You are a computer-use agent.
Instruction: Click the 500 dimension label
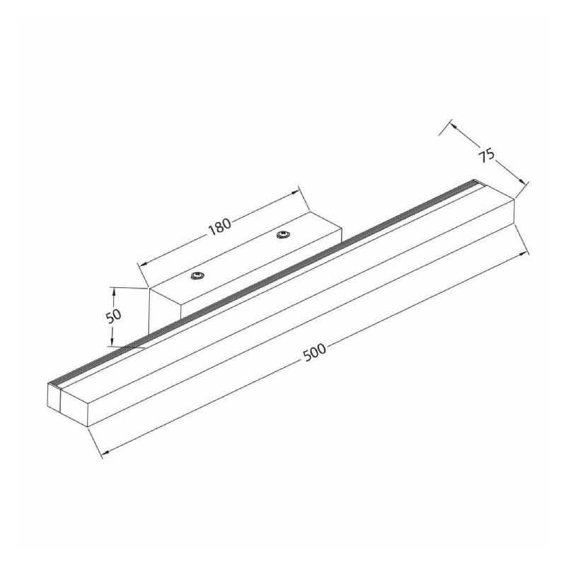(315, 352)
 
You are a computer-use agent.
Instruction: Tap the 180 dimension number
(219, 226)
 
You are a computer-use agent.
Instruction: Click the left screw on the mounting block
(197, 276)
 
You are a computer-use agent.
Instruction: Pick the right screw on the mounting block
(282, 235)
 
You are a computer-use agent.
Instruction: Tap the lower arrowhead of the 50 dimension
(112, 342)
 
